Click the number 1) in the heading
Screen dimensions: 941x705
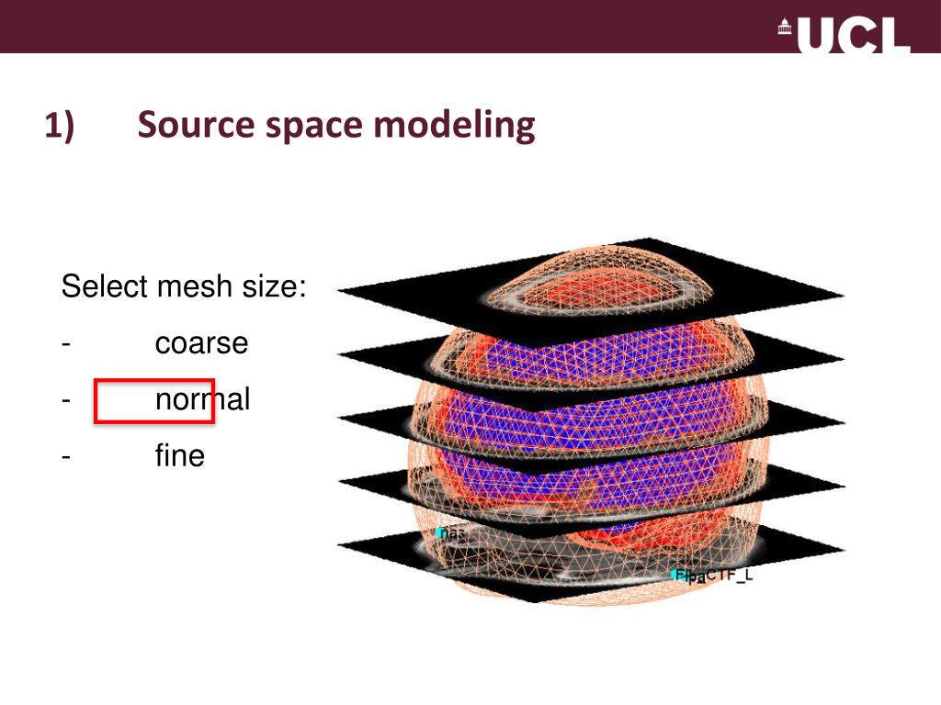pos(60,126)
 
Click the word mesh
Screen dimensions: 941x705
pos(185,287)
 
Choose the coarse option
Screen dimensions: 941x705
pos(201,343)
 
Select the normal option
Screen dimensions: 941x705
pos(202,400)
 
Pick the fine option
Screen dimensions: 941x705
pos(179,455)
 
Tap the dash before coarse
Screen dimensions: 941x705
pos(67,345)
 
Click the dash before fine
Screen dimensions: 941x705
pos(67,456)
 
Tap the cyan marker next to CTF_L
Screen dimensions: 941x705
pos(681,576)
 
